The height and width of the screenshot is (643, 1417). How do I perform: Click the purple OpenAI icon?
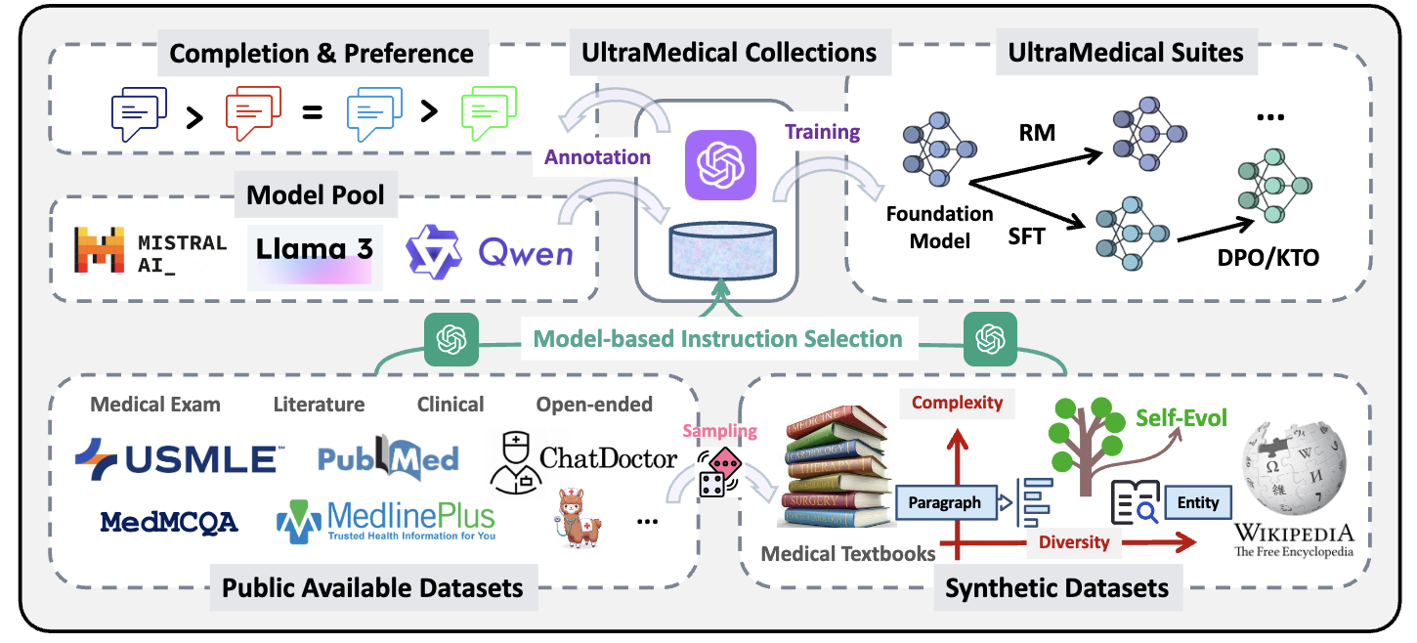720,164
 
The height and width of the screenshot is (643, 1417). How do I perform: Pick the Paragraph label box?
944,503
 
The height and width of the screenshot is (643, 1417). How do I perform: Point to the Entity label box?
1198,502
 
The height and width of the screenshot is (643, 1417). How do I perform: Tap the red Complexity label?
957,402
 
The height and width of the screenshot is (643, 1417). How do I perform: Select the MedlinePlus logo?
385,521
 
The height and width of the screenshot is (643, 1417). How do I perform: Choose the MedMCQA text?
169,522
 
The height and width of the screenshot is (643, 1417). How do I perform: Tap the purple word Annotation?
597,156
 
